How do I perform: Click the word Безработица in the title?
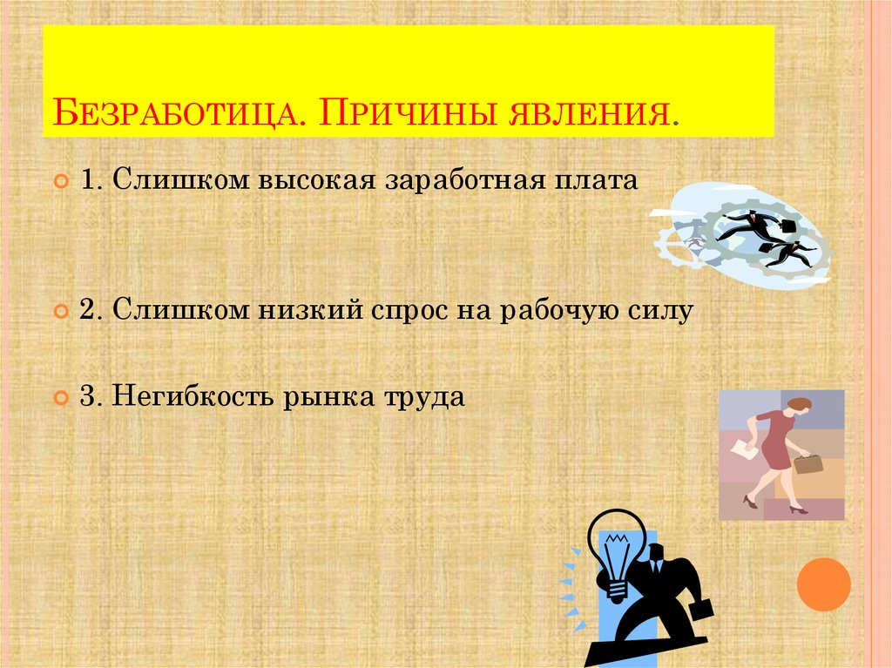175,114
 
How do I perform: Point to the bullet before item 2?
61,311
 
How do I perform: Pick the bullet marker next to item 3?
61,398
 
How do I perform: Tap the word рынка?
328,396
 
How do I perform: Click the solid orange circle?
823,584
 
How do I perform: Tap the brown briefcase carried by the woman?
808,463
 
